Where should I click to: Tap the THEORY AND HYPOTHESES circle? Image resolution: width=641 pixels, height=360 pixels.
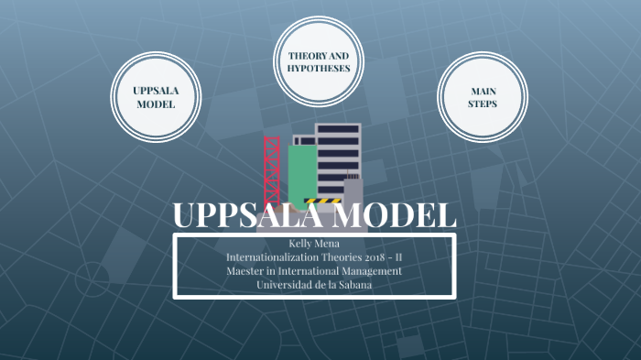[x=319, y=61]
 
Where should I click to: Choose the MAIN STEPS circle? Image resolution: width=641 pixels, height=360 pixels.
[x=483, y=98]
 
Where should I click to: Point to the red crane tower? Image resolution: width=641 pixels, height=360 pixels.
[x=272, y=169]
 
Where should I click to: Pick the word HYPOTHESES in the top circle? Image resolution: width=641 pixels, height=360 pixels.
[x=319, y=69]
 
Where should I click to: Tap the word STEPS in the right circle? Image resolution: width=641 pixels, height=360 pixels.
[x=483, y=104]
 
